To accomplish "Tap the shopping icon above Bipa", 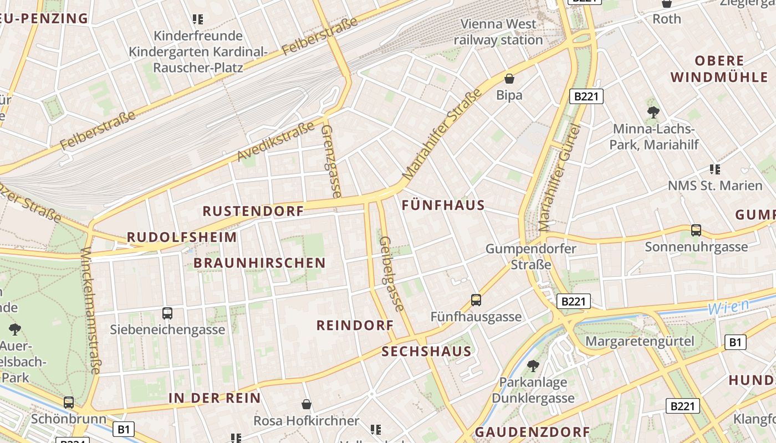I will click(509, 79).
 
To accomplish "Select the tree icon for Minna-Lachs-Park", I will click(653, 112).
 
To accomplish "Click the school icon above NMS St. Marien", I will click(714, 169).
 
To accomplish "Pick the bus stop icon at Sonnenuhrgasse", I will click(696, 230).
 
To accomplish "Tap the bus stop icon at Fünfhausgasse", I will click(476, 300).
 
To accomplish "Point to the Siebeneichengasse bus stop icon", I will click(167, 313).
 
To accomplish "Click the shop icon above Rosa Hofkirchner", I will click(306, 405).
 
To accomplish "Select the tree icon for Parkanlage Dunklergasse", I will click(533, 366).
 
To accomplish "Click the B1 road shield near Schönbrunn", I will click(123, 429).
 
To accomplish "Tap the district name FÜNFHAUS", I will click(443, 205).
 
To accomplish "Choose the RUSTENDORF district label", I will click(253, 211).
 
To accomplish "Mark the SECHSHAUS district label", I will click(426, 351).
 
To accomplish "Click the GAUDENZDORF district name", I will click(532, 432).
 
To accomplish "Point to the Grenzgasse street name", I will click(331, 161).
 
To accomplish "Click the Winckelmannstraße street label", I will click(89, 310).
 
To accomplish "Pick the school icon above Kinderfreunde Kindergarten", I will click(198, 19).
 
